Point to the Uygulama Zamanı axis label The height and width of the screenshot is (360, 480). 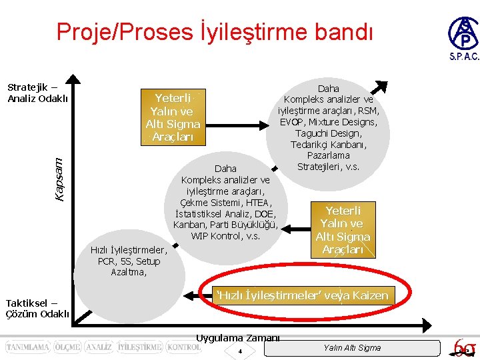point(238,338)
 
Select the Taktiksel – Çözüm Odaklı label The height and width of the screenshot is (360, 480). point(37,308)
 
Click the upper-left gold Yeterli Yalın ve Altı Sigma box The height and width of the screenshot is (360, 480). point(173,117)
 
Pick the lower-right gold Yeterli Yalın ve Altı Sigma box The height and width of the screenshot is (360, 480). point(343,230)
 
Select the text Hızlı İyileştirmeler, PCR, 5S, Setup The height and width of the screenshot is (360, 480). point(129,256)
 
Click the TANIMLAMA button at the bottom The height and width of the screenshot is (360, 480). point(27,347)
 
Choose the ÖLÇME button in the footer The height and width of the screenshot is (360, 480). point(68,347)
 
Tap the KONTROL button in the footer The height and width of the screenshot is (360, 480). point(183,347)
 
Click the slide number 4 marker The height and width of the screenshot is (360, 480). point(239,351)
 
